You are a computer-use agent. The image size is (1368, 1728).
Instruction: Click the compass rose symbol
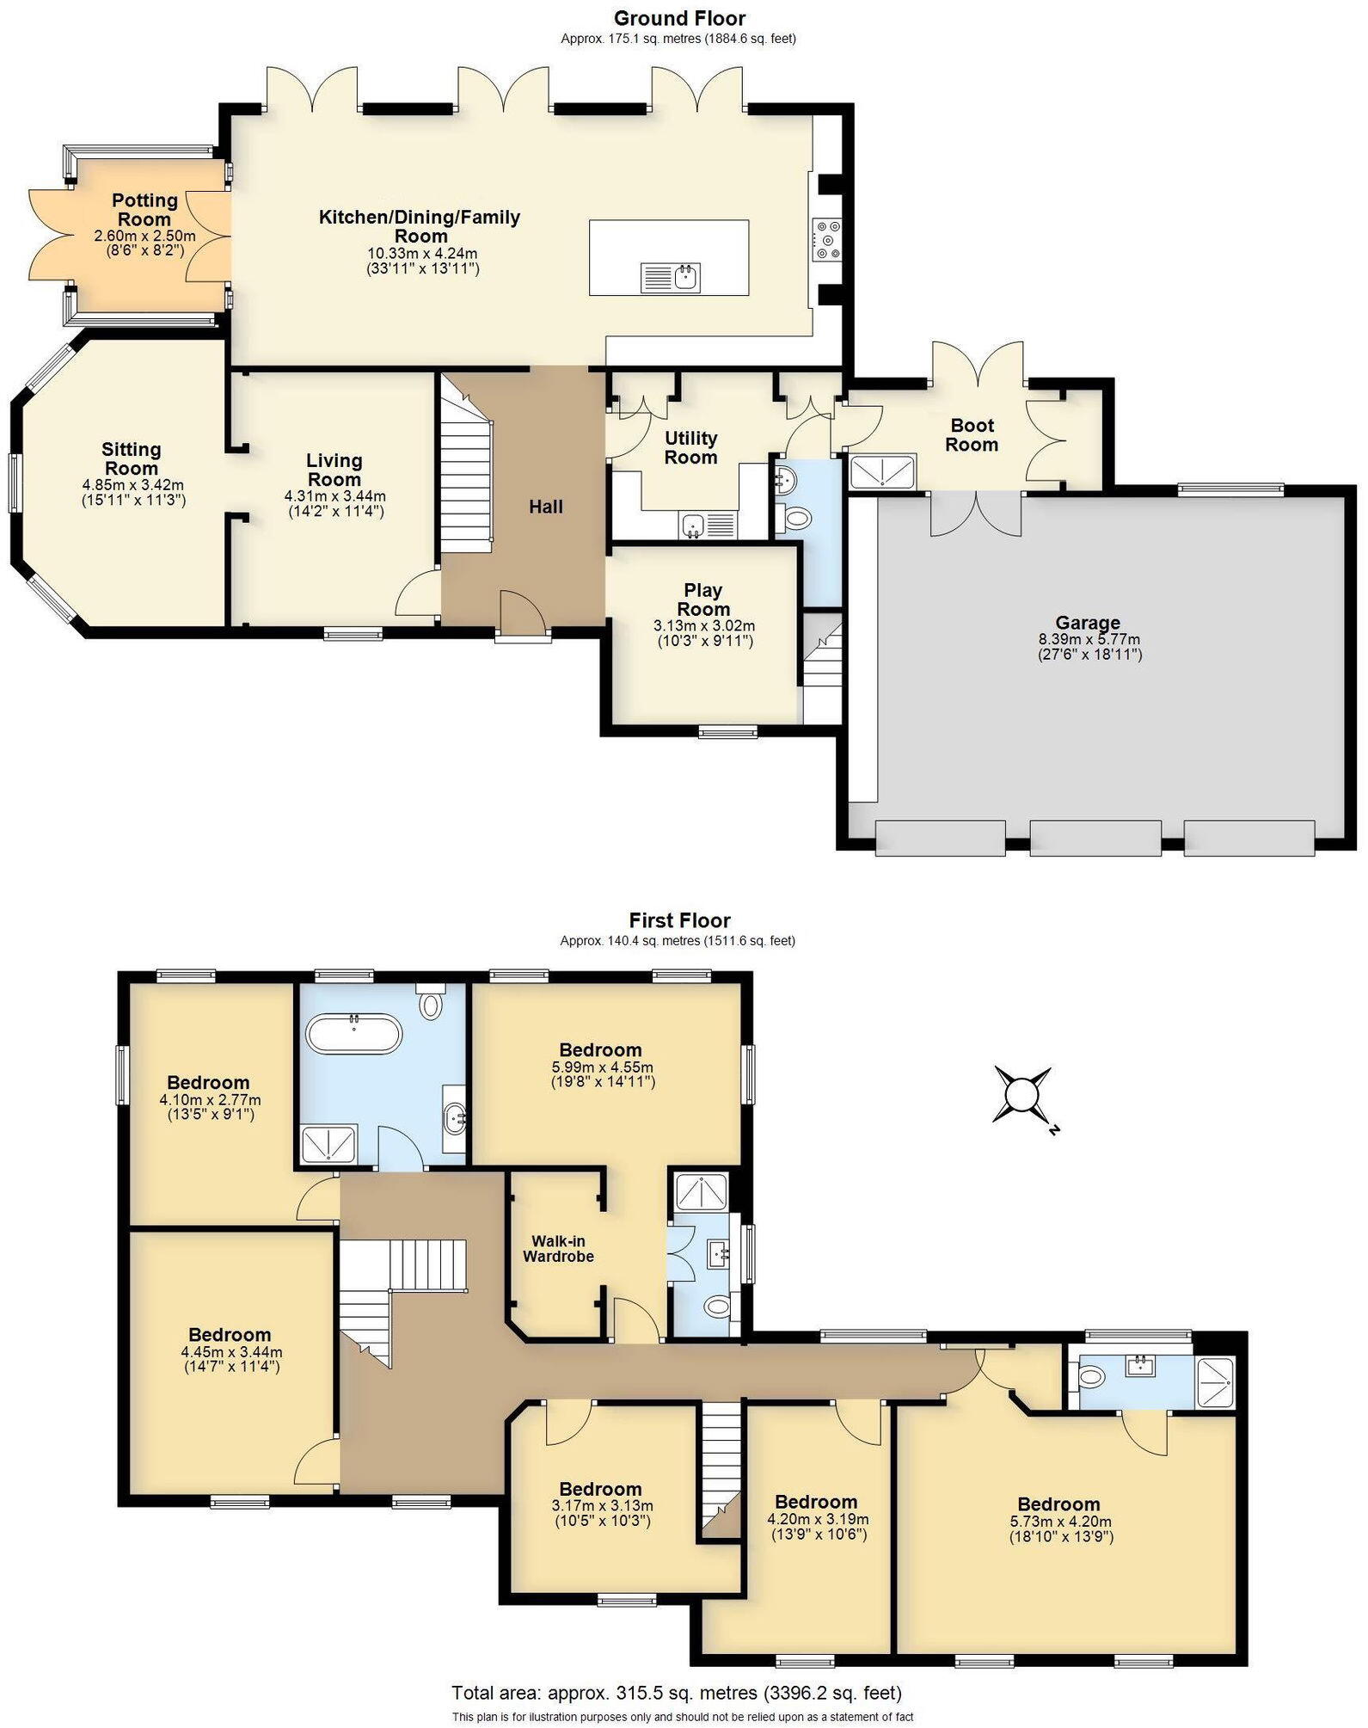1021,1095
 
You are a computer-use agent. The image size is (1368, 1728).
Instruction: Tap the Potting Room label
144,210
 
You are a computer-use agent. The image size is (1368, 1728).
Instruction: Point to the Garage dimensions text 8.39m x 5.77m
1089,639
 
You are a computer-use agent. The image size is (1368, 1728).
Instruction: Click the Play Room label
702,600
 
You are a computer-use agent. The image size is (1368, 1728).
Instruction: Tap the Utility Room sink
695,525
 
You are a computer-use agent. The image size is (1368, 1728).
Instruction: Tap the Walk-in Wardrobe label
559,1248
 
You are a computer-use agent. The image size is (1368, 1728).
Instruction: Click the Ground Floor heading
679,18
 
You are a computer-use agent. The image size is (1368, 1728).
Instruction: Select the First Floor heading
679,920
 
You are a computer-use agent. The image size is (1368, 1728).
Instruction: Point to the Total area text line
677,1693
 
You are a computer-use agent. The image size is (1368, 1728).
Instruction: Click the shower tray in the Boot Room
883,472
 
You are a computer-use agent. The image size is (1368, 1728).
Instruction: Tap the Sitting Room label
131,458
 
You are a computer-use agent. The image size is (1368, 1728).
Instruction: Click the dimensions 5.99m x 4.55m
602,1067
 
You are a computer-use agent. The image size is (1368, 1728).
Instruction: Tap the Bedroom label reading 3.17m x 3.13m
600,1489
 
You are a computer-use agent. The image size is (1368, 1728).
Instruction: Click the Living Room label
334,470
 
